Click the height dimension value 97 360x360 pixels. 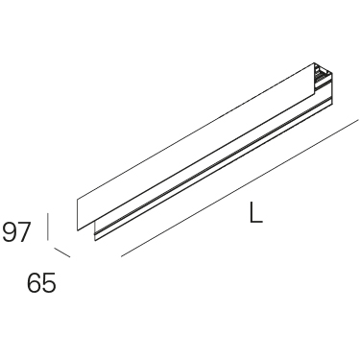click(16, 232)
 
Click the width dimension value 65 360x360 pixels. click(41, 283)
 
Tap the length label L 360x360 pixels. click(255, 212)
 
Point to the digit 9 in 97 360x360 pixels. click(10, 232)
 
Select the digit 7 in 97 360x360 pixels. click(24, 232)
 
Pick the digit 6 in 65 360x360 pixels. click(35, 283)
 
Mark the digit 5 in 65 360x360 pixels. click(49, 283)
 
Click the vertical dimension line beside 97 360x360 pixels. click(48, 227)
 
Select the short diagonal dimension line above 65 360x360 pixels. click(62, 252)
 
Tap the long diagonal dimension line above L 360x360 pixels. click(239, 188)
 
